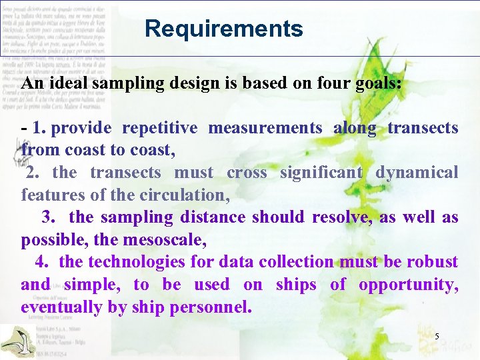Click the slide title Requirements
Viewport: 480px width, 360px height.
[223, 29]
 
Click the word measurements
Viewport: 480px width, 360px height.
[265, 128]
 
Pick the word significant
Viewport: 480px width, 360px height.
[321, 173]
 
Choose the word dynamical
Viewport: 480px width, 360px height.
[417, 173]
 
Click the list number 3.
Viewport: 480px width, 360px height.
[49, 217]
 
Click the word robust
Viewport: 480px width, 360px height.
[433, 262]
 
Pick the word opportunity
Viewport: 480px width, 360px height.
[407, 285]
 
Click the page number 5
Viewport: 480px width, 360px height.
[437, 337]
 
